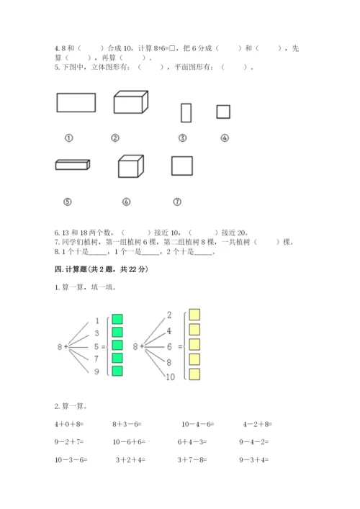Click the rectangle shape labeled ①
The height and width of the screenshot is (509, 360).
[76, 93]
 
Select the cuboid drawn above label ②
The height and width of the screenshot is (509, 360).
[131, 102]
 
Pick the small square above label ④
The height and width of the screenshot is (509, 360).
[223, 105]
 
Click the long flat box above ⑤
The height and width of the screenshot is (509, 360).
[73, 165]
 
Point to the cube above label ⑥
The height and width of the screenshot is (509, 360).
[131, 166]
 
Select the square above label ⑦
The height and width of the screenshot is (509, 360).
[182, 157]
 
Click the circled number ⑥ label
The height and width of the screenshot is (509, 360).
[126, 202]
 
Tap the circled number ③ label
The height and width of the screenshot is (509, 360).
[183, 138]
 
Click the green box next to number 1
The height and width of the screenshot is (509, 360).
[117, 319]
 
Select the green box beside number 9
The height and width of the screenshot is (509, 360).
[117, 371]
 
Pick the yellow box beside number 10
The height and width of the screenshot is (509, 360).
[194, 374]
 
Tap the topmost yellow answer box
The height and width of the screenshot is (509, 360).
[194, 315]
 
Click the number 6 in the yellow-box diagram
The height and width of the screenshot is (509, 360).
[169, 347]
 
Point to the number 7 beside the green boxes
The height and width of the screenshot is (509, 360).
[96, 359]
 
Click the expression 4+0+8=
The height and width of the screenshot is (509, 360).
[69, 424]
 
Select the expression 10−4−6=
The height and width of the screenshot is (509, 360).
[198, 424]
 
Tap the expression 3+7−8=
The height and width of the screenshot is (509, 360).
[192, 459]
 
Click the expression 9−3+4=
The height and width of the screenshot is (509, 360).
[254, 459]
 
